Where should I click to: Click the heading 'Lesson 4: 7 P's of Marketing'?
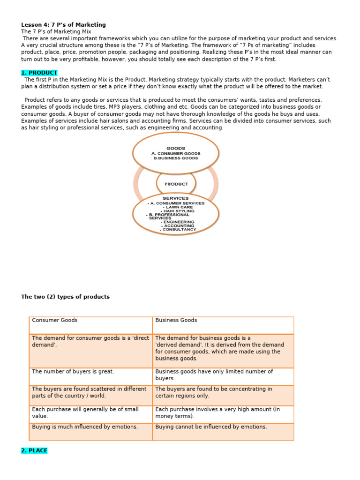click(x=63, y=25)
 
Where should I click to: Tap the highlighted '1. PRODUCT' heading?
click(x=39, y=73)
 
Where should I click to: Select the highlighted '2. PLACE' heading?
click(x=34, y=450)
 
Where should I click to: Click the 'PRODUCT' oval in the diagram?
click(x=176, y=184)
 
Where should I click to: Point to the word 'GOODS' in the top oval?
click(x=176, y=148)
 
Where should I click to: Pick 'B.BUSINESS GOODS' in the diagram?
click(x=176, y=158)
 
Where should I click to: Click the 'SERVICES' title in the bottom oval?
click(x=176, y=198)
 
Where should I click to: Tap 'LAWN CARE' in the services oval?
click(x=177, y=207)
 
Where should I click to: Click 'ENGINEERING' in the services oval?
click(x=179, y=222)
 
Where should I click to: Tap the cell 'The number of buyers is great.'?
click(x=73, y=372)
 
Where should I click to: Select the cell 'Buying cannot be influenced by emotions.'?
click(x=211, y=427)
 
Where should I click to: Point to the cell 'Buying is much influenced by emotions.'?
click(x=85, y=427)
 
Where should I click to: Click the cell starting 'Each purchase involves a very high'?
click(x=217, y=412)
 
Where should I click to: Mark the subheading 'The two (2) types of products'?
click(x=65, y=297)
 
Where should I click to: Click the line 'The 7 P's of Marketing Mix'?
click(x=56, y=32)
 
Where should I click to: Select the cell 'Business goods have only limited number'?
click(x=214, y=375)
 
